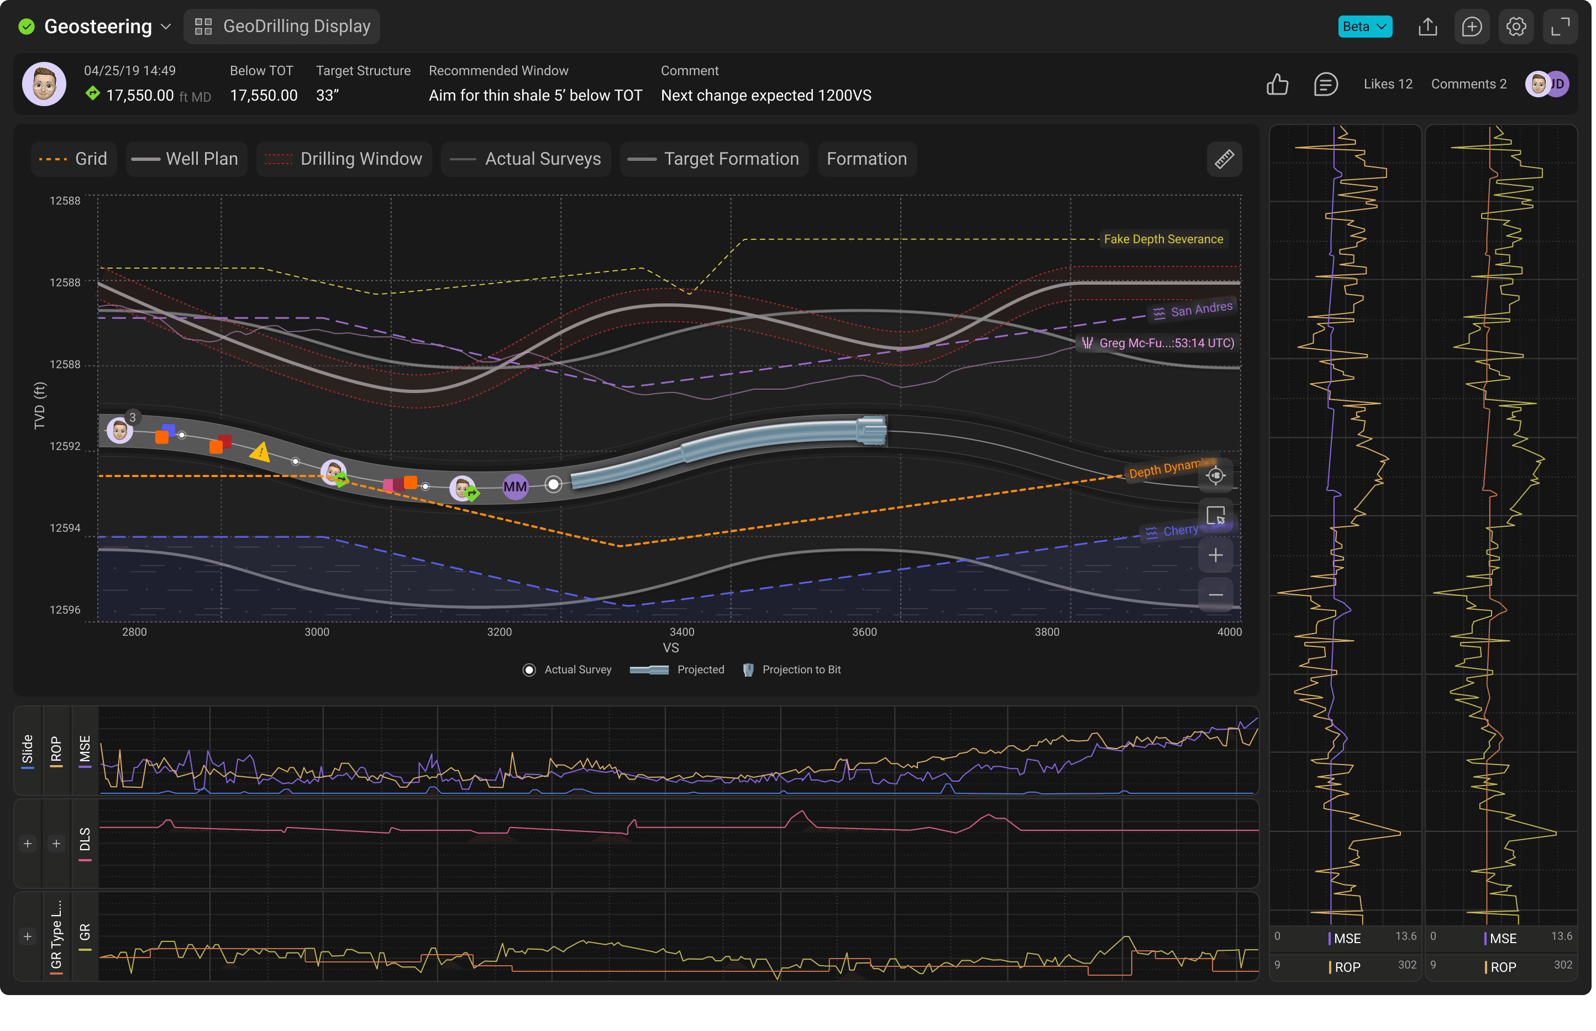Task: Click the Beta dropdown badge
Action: pyautogui.click(x=1364, y=26)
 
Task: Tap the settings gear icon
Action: pyautogui.click(x=1516, y=27)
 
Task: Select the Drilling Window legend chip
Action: pyautogui.click(x=344, y=159)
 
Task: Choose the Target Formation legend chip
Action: pyautogui.click(x=714, y=159)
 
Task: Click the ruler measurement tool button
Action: pyautogui.click(x=1224, y=159)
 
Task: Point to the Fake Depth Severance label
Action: pyautogui.click(x=1163, y=239)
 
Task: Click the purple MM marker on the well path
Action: pyautogui.click(x=514, y=486)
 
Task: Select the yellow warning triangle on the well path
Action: pyautogui.click(x=260, y=453)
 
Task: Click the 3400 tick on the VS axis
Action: pyautogui.click(x=682, y=632)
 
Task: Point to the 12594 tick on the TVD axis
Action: pyautogui.click(x=65, y=528)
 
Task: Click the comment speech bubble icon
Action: pyautogui.click(x=1326, y=85)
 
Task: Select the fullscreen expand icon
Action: pyautogui.click(x=1560, y=27)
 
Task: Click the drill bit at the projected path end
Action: pyautogui.click(x=872, y=431)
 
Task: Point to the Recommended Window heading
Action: pyautogui.click(x=498, y=71)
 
